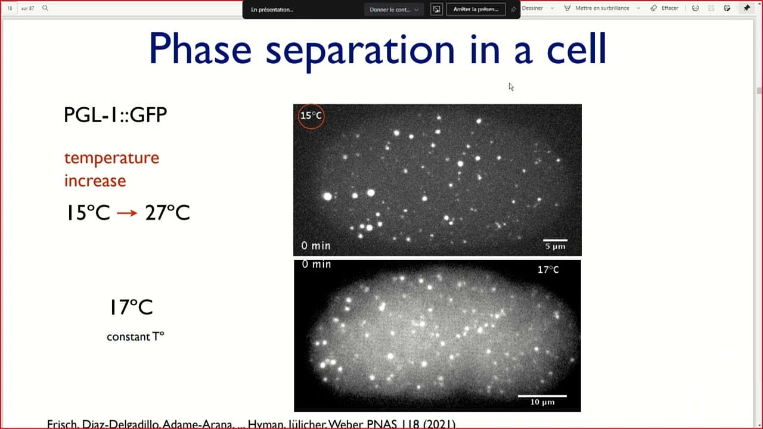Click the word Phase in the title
pos(200,49)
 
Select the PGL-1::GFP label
pos(115,114)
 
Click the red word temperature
pos(111,158)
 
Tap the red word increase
pos(95,181)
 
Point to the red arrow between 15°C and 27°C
pos(127,213)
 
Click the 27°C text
pos(167,213)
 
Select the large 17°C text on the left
pos(131,307)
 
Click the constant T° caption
pos(135,337)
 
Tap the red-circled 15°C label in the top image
pos(311,116)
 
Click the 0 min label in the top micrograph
pos(315,245)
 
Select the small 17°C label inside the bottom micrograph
pos(548,270)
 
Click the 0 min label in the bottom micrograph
pos(316,264)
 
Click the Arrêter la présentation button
pos(476,9)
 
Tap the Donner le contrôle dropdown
pos(394,9)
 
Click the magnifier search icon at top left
pos(45,8)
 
